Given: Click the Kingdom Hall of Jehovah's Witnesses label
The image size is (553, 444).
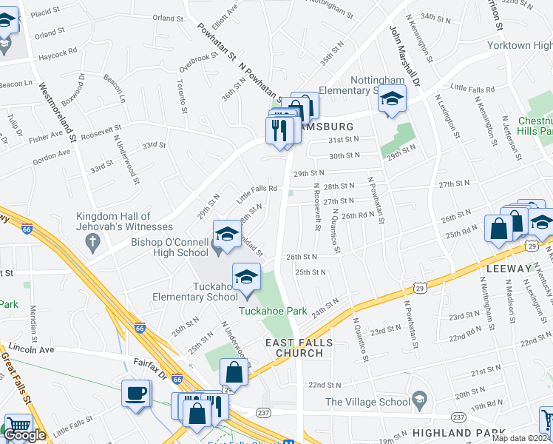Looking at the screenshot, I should point(124,221).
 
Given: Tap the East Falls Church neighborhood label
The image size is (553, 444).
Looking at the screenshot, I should point(299,348).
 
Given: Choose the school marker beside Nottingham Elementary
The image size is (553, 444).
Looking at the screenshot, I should point(392,99).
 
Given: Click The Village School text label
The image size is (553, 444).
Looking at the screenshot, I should point(368,402).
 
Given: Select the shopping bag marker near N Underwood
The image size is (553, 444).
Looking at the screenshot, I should point(234,372).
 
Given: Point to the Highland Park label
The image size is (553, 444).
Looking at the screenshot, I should point(458,432).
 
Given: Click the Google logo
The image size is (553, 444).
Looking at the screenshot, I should point(25,436).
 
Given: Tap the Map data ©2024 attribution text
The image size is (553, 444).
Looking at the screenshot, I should point(521,439).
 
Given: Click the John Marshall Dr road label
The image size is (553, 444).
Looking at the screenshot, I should point(405,56).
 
